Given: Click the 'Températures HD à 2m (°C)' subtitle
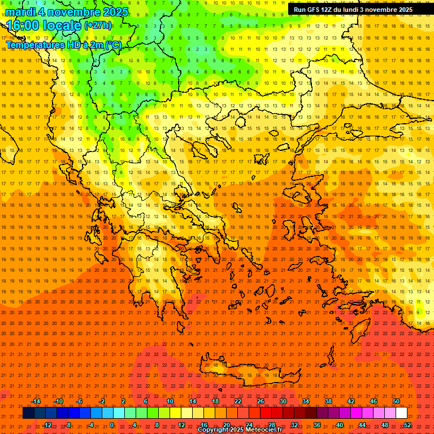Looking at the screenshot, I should click(63, 45).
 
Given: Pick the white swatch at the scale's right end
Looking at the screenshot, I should click(401, 413).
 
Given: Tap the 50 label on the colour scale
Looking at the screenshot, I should click(396, 401).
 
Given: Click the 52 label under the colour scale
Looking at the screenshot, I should click(407, 425).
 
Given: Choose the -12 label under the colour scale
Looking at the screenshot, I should click(47, 425).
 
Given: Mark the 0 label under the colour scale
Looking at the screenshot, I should click(112, 425).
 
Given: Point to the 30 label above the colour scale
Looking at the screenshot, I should click(283, 401).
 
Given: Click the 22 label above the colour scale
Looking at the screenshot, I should click(238, 401).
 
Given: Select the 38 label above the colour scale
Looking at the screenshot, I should click(328, 401).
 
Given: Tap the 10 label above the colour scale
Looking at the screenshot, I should click(170, 401).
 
